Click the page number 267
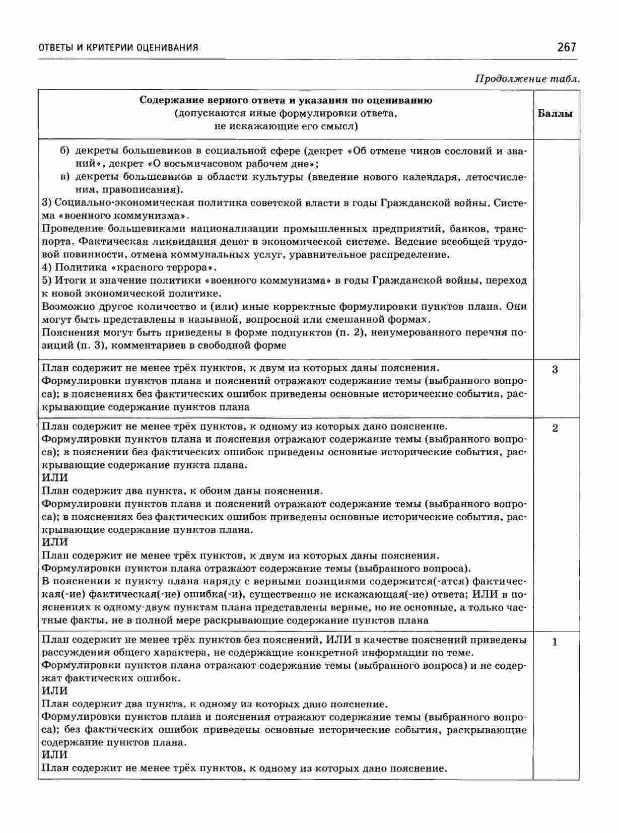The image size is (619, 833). pos(566,47)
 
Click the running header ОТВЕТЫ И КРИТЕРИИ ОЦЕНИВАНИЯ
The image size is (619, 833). pos(118,48)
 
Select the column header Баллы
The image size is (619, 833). pos(555,113)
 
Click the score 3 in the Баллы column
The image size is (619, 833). pos(555,370)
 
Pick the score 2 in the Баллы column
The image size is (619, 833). pos(555,429)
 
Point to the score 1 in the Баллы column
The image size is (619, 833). pos(555,642)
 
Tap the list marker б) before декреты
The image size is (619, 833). pos(64,151)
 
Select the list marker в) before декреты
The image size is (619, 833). pos(64,177)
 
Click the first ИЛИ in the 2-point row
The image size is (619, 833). pos(54,477)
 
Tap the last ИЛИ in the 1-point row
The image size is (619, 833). pos(54,755)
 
